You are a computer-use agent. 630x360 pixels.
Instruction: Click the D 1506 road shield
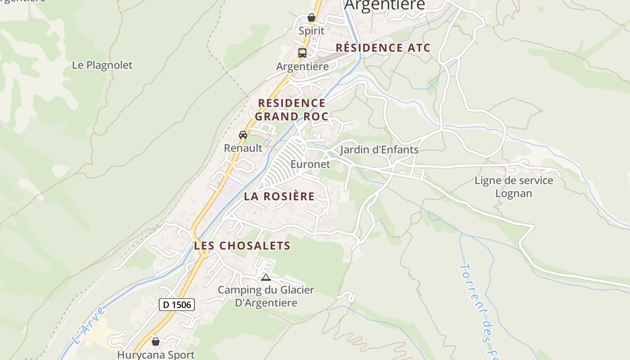(177, 305)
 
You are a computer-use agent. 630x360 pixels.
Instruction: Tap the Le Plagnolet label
(102, 65)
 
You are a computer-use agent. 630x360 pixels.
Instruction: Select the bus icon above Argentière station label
(302, 53)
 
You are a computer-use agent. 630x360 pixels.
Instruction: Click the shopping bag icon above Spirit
(311, 18)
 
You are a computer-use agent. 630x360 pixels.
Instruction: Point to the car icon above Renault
(243, 135)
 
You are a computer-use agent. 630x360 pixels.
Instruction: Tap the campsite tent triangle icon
(266, 277)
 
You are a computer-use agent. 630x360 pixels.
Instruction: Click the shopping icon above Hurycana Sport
(156, 342)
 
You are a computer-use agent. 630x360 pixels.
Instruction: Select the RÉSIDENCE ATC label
(383, 48)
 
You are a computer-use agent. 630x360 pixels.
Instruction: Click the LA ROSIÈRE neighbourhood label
(279, 197)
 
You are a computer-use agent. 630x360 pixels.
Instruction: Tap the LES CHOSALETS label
(242, 246)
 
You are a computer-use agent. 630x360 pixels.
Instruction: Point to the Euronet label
(310, 164)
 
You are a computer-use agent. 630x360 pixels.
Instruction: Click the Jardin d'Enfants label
(379, 150)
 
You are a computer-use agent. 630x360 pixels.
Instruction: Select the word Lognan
(513, 193)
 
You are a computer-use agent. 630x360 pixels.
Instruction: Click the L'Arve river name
(89, 326)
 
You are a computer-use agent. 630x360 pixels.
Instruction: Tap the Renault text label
(243, 148)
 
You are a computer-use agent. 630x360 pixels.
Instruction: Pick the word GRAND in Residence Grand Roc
(276, 117)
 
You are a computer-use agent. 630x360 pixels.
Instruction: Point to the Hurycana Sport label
(156, 355)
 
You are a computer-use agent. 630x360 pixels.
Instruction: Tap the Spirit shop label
(311, 31)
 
